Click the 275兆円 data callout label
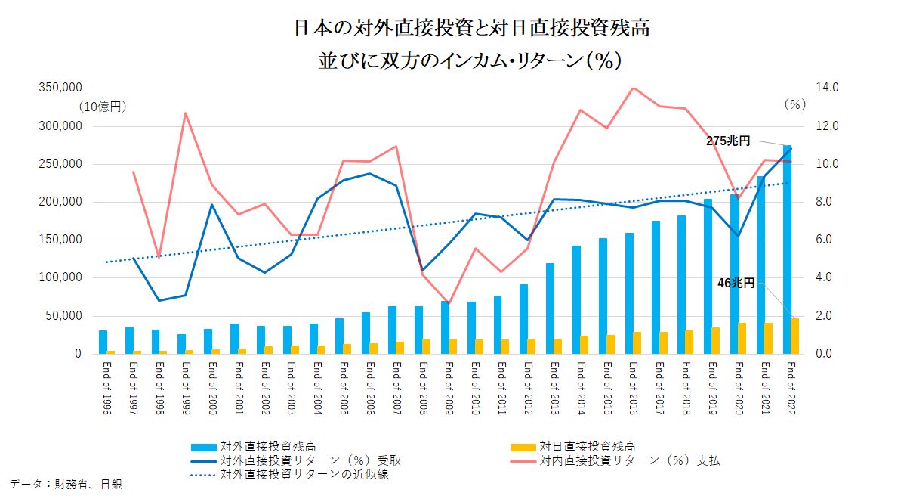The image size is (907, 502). (x=729, y=141)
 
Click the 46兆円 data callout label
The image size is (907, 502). (x=736, y=283)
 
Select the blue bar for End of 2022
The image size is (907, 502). (x=788, y=249)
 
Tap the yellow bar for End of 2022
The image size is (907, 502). (x=795, y=336)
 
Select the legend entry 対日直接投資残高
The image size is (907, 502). (x=592, y=447)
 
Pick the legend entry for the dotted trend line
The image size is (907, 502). (x=304, y=475)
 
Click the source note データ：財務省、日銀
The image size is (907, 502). (x=66, y=483)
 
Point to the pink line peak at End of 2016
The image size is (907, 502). (x=634, y=88)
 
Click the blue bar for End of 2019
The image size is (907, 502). (x=708, y=276)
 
